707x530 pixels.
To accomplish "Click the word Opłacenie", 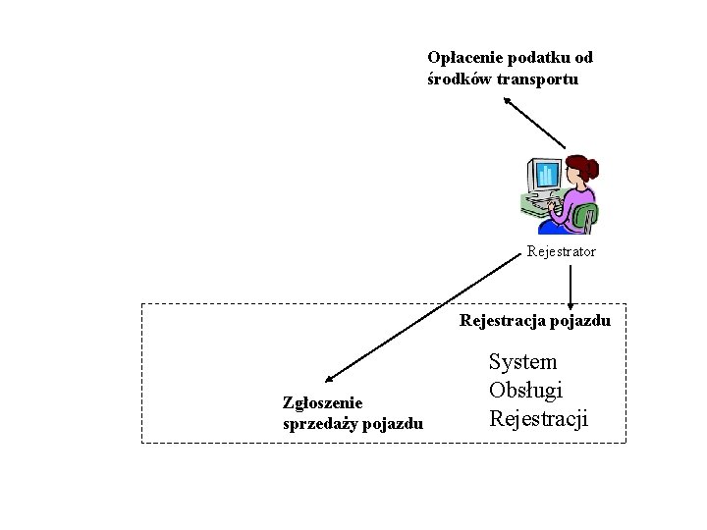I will [461, 58].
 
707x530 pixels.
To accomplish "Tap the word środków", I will [459, 79].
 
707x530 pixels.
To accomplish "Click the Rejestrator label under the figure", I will [561, 252].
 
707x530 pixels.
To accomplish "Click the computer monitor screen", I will [546, 175].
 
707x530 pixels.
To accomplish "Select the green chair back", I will [586, 215].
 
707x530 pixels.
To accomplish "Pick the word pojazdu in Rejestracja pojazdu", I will [579, 321].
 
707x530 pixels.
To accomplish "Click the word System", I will [522, 362].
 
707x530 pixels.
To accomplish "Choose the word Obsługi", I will [525, 391].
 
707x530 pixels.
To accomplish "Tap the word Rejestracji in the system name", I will [538, 419].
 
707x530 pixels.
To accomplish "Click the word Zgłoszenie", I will [322, 403].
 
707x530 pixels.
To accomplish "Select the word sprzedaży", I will [319, 424].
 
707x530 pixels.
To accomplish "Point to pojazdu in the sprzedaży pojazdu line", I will [393, 424].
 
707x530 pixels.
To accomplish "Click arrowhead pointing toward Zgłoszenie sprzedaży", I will [329, 377].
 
